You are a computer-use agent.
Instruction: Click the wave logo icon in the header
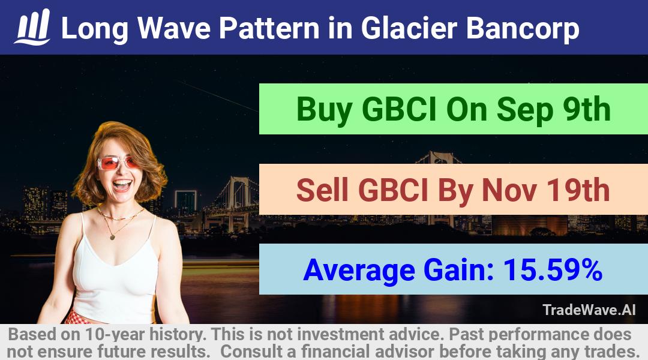pos(32,27)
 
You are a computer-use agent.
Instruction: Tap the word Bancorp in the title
pos(523,29)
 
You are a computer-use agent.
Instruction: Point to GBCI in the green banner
pos(399,109)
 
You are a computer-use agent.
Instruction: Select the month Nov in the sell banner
pos(509,190)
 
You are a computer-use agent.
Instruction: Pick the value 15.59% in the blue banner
pos(553,269)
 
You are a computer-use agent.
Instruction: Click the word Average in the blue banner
pos(359,271)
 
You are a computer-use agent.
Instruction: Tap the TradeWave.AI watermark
pos(589,310)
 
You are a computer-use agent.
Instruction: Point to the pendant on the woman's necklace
pos(112,237)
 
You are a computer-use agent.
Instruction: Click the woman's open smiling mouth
pos(122,184)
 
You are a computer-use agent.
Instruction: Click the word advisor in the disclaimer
pos(404,352)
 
